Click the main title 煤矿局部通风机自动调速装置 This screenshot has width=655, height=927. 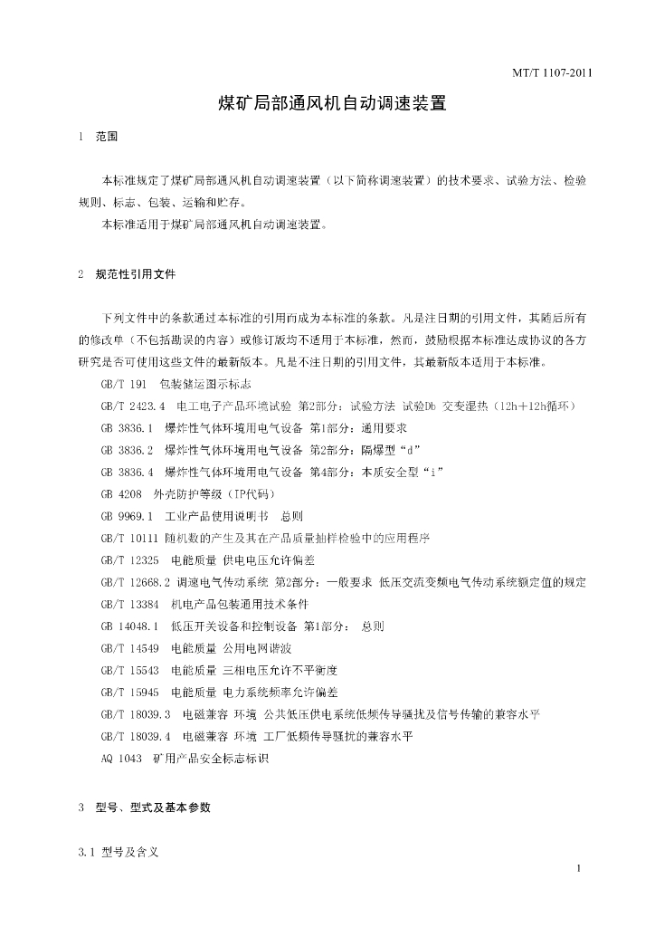click(333, 103)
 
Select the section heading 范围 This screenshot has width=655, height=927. click(107, 138)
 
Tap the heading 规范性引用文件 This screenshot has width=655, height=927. click(136, 273)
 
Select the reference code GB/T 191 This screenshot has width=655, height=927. click(123, 385)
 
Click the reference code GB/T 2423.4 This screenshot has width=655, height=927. click(133, 406)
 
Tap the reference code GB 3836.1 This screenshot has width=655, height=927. click(128, 428)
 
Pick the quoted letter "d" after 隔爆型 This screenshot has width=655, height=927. click(413, 450)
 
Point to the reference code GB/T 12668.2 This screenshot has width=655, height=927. click(137, 581)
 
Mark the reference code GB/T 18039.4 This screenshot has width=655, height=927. click(137, 736)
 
